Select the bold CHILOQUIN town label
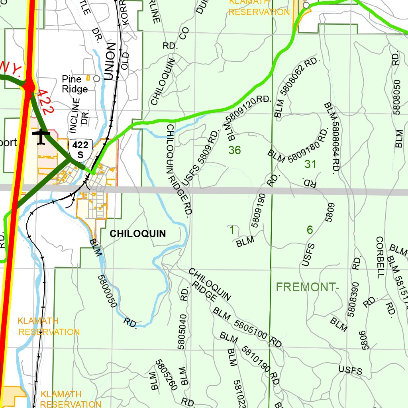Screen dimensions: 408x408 pyautogui.click(x=137, y=233)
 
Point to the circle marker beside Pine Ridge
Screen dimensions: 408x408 pyautogui.click(x=96, y=78)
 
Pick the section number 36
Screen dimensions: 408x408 pyautogui.click(x=235, y=150)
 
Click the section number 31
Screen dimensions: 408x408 pyautogui.click(x=310, y=164)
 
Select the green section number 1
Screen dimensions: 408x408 pyautogui.click(x=231, y=230)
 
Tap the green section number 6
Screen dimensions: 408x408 pyautogui.click(x=310, y=230)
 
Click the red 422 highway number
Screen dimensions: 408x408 pyautogui.click(x=44, y=102)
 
